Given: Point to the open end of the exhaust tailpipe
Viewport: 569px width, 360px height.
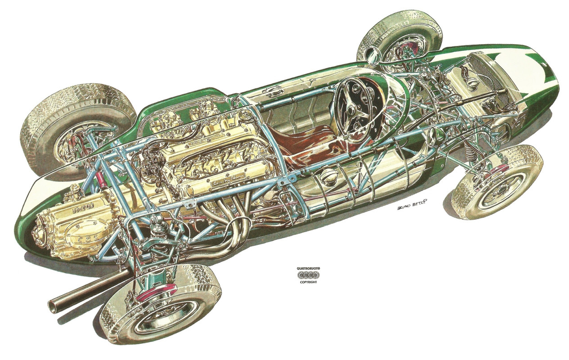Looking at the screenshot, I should [54, 306].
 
